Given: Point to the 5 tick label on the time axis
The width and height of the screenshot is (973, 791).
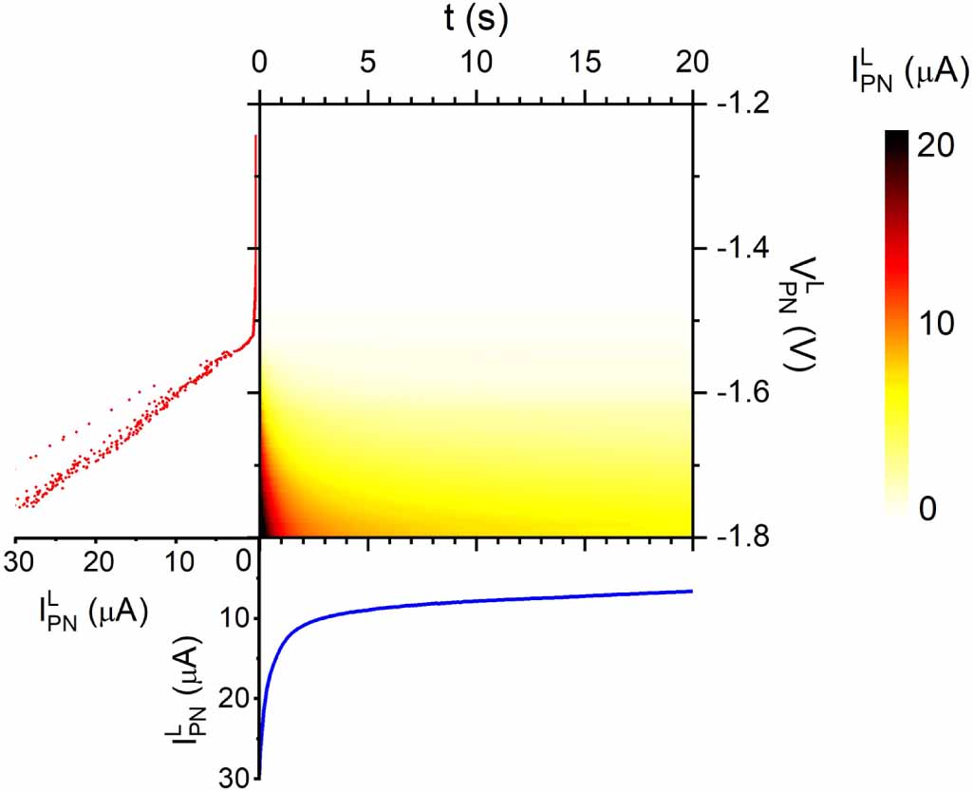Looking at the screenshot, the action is tap(368, 62).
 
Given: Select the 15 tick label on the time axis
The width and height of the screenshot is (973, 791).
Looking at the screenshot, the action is tap(585, 62).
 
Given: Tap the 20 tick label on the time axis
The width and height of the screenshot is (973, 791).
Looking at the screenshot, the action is tap(692, 62).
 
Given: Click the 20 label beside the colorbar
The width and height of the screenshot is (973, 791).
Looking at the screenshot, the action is tap(936, 146).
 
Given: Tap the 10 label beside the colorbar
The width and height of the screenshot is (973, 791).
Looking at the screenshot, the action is tap(936, 323).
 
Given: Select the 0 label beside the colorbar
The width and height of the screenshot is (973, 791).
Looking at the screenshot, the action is tap(927, 508).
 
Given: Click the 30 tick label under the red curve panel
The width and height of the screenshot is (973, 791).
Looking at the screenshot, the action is tap(19, 562).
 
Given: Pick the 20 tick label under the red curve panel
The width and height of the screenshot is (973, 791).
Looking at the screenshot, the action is tap(98, 562).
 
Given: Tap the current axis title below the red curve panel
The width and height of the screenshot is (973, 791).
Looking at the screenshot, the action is tap(93, 612).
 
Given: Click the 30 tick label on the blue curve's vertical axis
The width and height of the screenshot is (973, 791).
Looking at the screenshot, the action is tap(234, 778).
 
